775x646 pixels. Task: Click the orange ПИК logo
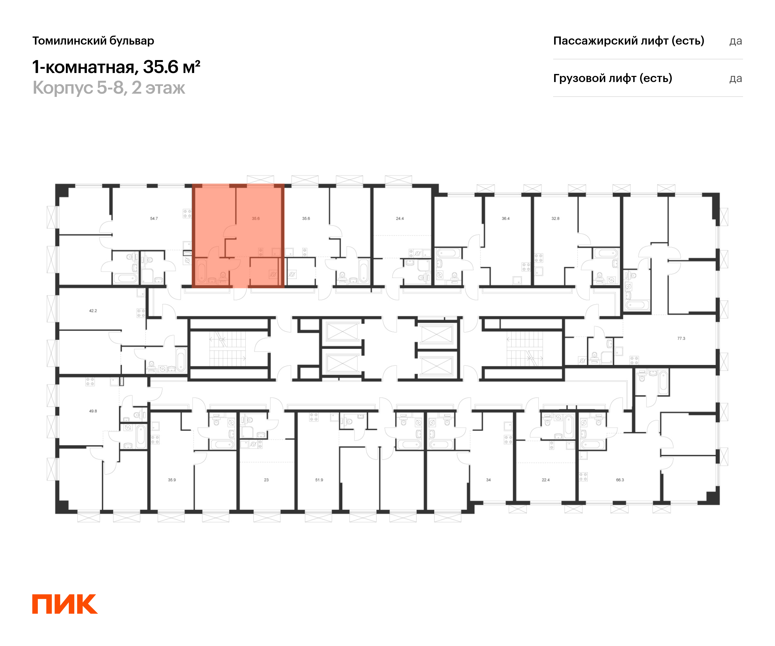coord(65,604)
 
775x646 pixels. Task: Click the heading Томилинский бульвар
coord(93,41)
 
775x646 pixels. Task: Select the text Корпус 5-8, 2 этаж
coord(109,88)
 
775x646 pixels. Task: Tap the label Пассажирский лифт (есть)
coord(628,41)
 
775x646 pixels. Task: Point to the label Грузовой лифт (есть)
coord(612,78)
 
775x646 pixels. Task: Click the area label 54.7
coord(154,219)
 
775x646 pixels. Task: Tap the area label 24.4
coord(400,219)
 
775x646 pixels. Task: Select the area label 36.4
coord(506,219)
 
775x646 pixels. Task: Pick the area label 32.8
coord(555,219)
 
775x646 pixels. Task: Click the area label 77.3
coord(681,338)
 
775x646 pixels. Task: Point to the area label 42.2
coord(93,311)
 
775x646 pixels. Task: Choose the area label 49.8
coord(93,411)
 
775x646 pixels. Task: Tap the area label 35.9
coord(172,480)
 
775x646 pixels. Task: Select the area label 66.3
coord(620,480)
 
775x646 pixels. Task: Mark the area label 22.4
coord(546,480)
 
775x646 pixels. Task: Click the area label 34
coord(488,480)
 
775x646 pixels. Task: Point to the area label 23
coord(266,480)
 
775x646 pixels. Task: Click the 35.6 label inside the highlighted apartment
coord(256,219)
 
